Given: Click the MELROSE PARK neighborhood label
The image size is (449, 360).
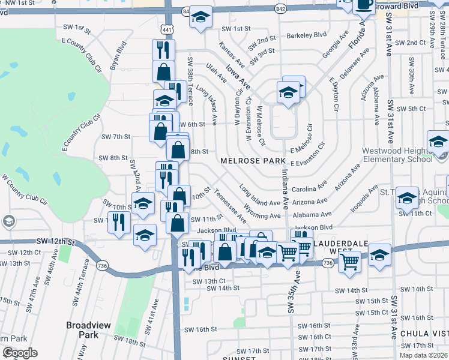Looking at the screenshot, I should point(245,161).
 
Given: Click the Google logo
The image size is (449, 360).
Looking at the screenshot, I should point(20,353).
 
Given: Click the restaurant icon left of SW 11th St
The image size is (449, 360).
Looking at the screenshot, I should point(122,223).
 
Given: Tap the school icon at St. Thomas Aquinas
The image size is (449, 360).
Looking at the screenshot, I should point(407,199).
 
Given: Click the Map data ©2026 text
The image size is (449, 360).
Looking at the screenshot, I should point(423,355).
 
